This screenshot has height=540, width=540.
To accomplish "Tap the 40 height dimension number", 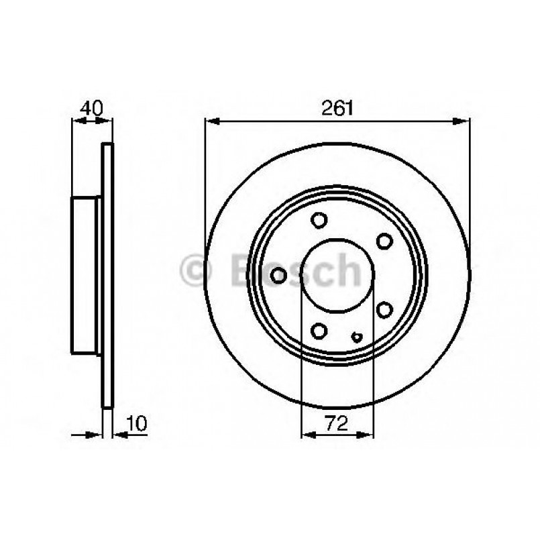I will pyautogui.click(x=91, y=107).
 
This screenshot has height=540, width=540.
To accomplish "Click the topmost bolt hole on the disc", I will pyautogui.click(x=319, y=220).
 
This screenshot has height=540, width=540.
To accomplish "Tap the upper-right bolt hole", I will pyautogui.click(x=384, y=241).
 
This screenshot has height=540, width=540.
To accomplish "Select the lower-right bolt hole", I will pyautogui.click(x=384, y=309).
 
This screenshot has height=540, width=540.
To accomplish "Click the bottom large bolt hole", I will pyautogui.click(x=319, y=330).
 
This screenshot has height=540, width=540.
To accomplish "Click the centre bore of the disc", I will pyautogui.click(x=336, y=275).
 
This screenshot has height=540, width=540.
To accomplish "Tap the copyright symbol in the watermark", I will pyautogui.click(x=196, y=270).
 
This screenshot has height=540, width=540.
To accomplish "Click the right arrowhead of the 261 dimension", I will pyautogui.click(x=464, y=121).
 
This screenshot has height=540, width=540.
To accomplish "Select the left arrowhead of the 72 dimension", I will pyautogui.click(x=306, y=435).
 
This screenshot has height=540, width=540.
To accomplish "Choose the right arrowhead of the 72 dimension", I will pyautogui.click(x=367, y=435).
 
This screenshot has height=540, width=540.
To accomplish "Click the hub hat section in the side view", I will pyautogui.click(x=85, y=275).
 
